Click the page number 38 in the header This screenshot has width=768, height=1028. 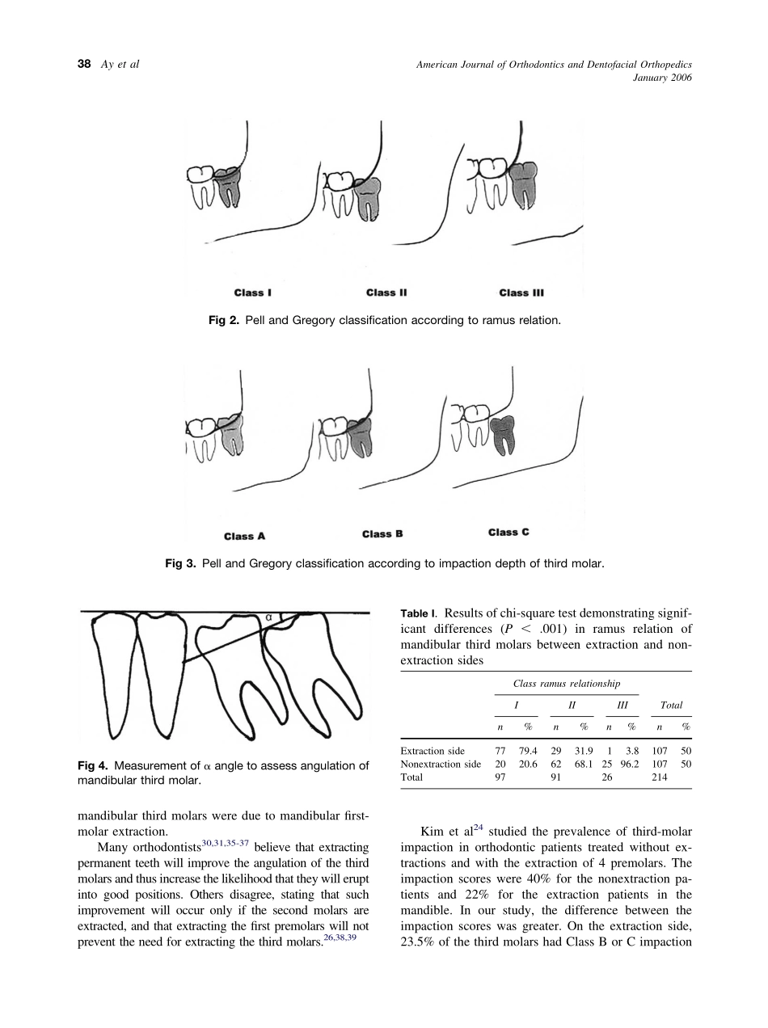(x=82, y=65)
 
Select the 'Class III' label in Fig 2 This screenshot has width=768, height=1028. (x=521, y=293)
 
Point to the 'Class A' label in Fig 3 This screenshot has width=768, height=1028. (x=244, y=536)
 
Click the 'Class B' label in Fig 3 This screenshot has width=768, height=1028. (x=382, y=533)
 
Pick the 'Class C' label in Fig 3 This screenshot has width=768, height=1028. (x=508, y=532)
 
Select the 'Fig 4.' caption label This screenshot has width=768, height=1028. (x=93, y=765)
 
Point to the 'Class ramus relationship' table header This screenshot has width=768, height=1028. (x=567, y=684)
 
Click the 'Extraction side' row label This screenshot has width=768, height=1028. (x=433, y=751)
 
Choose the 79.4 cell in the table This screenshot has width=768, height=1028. (x=528, y=751)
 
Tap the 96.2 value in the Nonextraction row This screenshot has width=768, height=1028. (x=629, y=764)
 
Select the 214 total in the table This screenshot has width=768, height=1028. (x=660, y=777)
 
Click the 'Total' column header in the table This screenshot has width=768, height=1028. (x=671, y=705)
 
